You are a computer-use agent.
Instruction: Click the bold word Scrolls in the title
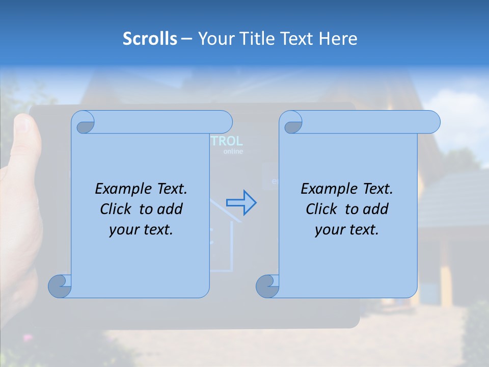[x=150, y=39]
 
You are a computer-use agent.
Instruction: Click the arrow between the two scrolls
[x=241, y=202]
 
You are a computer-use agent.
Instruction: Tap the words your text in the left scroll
[x=141, y=230]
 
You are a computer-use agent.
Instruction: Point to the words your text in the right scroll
[x=347, y=230]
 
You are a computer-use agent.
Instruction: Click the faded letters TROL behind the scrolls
[x=227, y=141]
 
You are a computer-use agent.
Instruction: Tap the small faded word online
[x=233, y=151]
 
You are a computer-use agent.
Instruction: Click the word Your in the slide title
[x=213, y=39]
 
